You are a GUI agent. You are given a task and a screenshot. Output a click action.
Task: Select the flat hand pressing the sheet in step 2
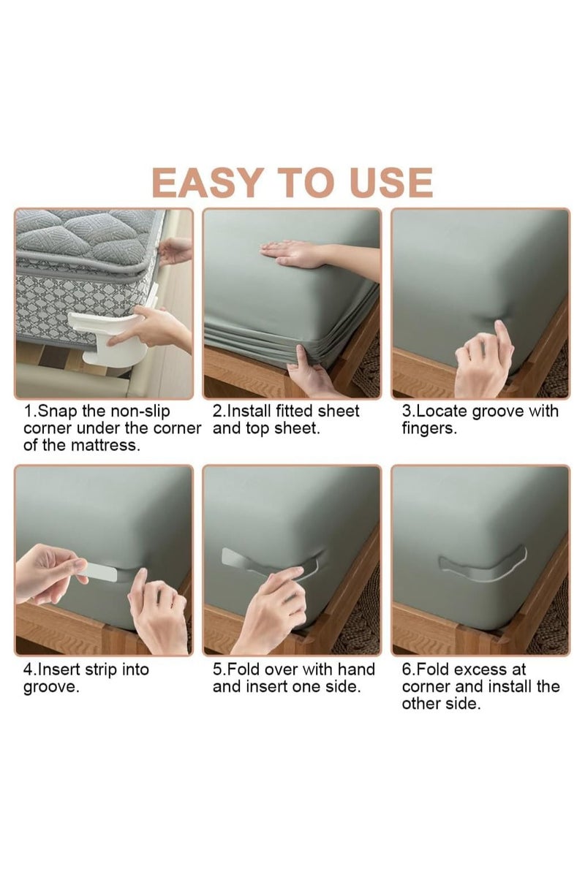(292, 253)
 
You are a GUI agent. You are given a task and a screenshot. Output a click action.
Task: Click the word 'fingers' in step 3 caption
(428, 428)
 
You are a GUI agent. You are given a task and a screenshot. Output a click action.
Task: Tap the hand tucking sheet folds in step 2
(311, 376)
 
